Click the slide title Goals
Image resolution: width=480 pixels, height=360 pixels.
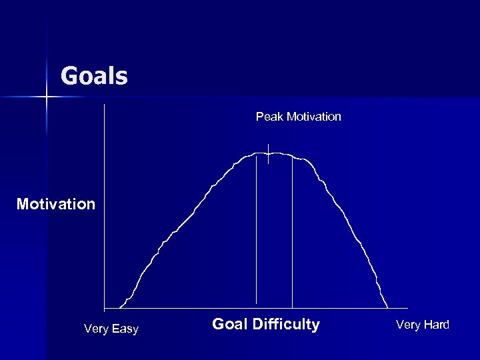point(94,76)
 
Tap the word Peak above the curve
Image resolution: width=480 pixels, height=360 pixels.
point(269,117)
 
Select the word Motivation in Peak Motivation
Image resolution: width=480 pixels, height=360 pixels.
point(313,117)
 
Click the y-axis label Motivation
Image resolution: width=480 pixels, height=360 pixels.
point(56,203)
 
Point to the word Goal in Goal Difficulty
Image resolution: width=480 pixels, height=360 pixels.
point(229,325)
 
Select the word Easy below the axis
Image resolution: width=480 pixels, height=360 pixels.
point(125,329)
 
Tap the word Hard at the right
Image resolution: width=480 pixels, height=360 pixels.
point(437,325)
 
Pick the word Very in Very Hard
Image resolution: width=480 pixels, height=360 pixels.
point(409,325)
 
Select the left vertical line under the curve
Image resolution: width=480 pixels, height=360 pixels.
point(257,233)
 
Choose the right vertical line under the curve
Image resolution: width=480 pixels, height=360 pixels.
point(292,233)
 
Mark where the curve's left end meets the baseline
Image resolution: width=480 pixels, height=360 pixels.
point(119,308)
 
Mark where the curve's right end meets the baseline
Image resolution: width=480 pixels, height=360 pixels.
point(388,308)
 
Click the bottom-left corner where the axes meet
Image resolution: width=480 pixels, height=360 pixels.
point(105,309)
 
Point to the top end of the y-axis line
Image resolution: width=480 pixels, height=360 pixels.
point(105,105)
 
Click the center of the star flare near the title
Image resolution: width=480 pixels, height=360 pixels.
point(47,97)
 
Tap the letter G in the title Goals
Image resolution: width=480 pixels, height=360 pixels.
point(69,76)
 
